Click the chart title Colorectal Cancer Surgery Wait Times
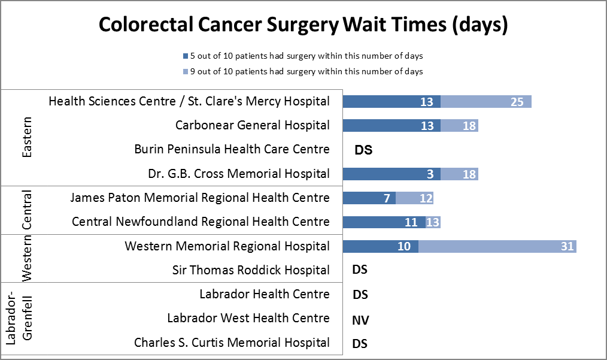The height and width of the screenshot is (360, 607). tap(303, 26)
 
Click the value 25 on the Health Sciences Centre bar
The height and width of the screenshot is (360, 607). tap(517, 102)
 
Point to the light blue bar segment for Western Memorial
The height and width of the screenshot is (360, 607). tap(497, 246)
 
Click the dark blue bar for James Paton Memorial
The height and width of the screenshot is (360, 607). tap(369, 198)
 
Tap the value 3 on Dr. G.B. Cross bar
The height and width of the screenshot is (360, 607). tap(430, 174)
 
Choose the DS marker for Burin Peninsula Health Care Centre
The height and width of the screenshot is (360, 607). tap(363, 150)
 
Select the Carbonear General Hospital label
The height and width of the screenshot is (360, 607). tap(252, 125)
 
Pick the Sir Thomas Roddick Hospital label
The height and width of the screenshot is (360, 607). tap(251, 270)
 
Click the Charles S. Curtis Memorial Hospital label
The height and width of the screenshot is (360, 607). tap(231, 343)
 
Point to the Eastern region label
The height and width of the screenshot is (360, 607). tap(26, 137)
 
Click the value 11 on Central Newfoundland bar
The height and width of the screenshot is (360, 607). tap(411, 222)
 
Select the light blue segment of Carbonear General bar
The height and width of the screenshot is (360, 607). tap(459, 126)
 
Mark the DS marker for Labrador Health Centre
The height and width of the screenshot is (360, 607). tap(360, 295)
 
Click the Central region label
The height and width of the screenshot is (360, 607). tap(26, 210)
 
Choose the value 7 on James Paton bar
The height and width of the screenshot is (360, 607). tap(387, 198)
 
